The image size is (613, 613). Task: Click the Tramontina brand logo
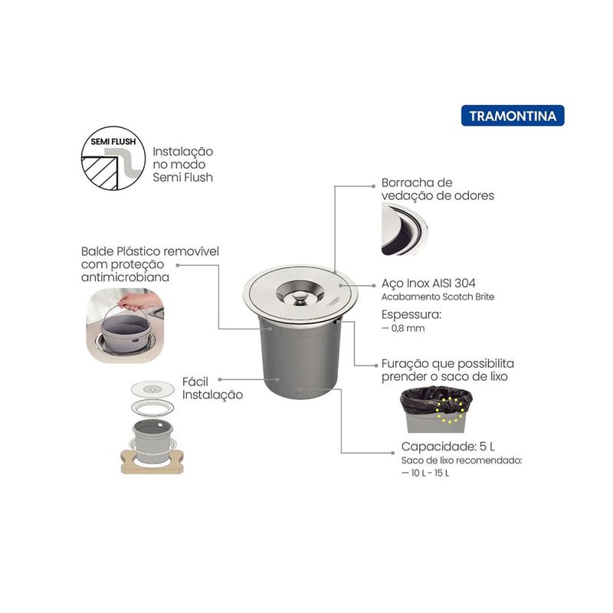coord(513,116)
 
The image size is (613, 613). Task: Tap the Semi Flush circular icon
coord(113,158)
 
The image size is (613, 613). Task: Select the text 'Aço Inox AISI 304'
coord(428,283)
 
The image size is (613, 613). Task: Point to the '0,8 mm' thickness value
coord(408,329)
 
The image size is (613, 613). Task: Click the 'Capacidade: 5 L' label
coord(448,447)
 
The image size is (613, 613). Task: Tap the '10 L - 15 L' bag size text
coord(430,473)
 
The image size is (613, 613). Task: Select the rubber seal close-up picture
coord(405,229)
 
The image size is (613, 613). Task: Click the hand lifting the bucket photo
coord(125,326)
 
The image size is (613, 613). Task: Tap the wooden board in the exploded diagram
coord(152,462)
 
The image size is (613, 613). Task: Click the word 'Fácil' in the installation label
coord(195,382)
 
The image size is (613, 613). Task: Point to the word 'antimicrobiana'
coord(125,277)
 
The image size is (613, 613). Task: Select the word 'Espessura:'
coord(411,315)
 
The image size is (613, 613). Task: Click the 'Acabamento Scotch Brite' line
coord(438,297)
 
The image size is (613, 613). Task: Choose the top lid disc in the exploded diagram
coord(152,389)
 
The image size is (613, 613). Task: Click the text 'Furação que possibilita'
coord(447,364)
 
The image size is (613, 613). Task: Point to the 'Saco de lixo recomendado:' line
coord(462,461)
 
